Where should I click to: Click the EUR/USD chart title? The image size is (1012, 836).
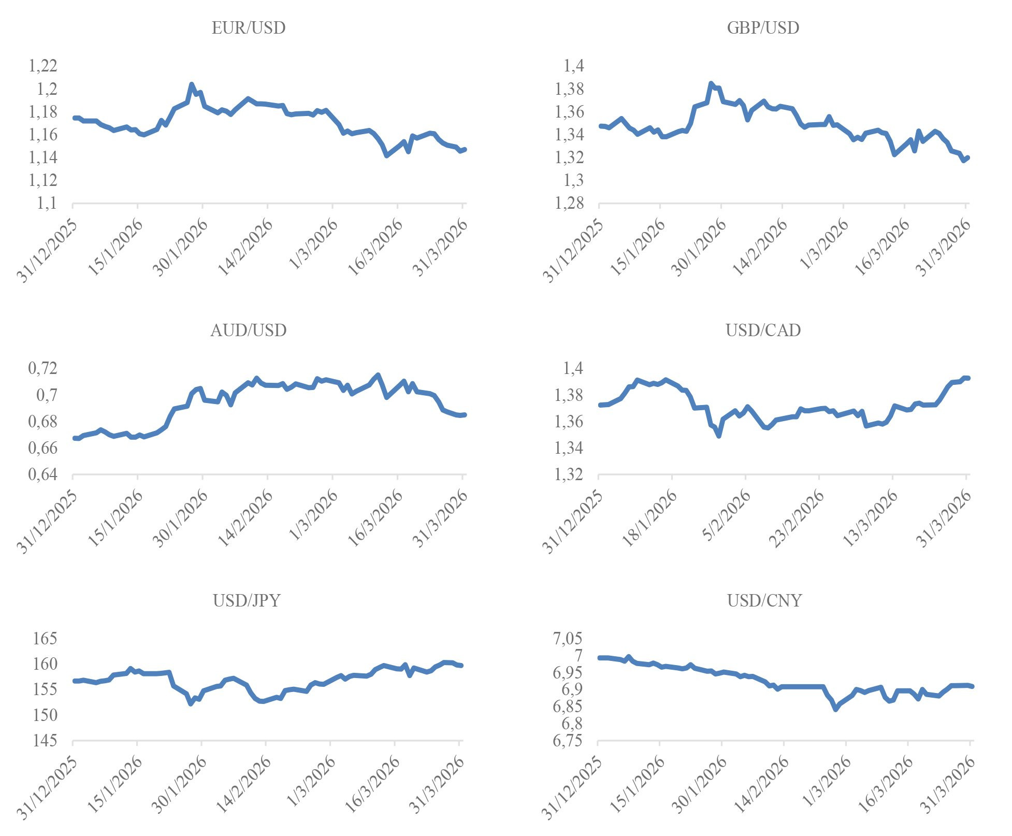[249, 28]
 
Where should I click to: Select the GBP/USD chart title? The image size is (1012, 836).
[763, 28]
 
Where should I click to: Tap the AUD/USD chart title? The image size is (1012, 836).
[249, 330]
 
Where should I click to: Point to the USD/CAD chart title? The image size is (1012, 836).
[763, 330]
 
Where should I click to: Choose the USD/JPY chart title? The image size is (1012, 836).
[247, 601]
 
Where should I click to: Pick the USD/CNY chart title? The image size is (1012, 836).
[764, 601]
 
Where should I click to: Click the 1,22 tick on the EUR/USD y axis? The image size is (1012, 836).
[43, 66]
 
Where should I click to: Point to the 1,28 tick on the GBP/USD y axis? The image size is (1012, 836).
[570, 204]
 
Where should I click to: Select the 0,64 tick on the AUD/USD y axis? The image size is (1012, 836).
[43, 474]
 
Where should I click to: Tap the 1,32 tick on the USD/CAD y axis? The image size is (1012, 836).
[570, 474]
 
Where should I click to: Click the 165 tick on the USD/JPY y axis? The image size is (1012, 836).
[45, 639]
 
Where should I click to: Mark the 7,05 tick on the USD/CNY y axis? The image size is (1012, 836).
[568, 639]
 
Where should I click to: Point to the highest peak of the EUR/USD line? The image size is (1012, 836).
[192, 84]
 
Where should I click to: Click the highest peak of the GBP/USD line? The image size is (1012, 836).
[711, 83]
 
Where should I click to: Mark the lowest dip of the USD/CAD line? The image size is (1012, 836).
[719, 436]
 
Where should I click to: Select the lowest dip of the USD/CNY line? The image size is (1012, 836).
[836, 709]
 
